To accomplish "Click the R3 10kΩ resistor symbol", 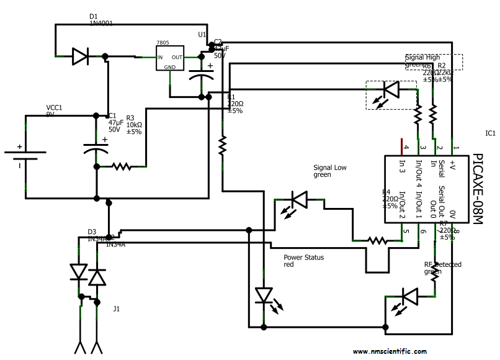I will coord(121,166).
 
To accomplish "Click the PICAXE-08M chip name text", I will coord(477,189).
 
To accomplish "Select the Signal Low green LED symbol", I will coord(300,200).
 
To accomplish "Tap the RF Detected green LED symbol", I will coord(411,296).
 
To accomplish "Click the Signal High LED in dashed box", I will coord(390,91).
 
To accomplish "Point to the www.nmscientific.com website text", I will coord(390,351).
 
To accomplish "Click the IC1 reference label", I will coord(490,133).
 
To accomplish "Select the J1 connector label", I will coord(116,308).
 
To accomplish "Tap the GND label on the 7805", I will coord(170,66).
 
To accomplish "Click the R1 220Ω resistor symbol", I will coord(221,145).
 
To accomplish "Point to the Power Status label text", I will coord(304,257).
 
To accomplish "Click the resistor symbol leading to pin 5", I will coord(377,240).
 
